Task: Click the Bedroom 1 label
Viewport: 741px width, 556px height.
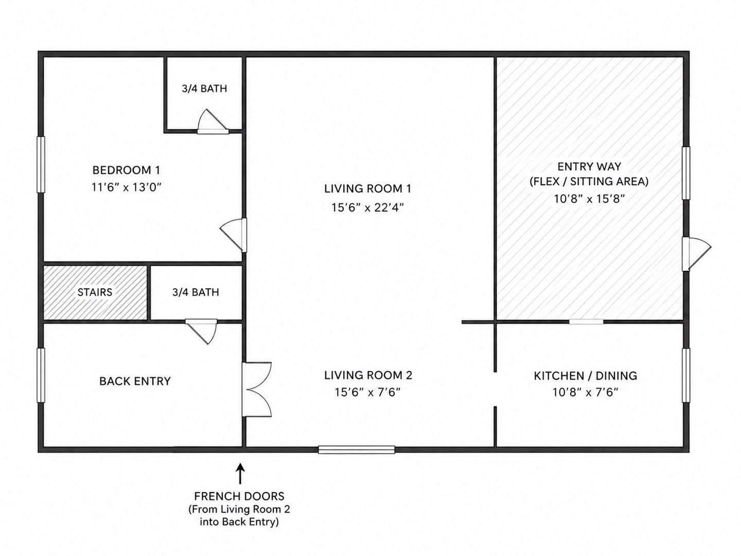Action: coord(126,170)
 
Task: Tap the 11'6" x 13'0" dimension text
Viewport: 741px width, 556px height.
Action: coord(126,187)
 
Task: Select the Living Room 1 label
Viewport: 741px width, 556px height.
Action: coord(367,189)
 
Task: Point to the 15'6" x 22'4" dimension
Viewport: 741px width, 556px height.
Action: coord(367,207)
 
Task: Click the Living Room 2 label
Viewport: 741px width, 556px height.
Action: coord(368,375)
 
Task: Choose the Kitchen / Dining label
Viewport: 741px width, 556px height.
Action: coord(586,376)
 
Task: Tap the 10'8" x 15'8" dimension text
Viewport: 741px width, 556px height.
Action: coord(589,199)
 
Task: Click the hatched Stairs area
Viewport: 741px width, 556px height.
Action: coord(95,292)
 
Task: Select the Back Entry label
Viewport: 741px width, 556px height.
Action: coord(135,381)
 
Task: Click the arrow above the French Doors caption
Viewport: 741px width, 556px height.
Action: coord(240,474)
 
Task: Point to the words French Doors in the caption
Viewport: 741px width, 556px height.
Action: coord(239,496)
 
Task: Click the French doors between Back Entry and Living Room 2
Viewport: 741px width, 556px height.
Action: coord(257,390)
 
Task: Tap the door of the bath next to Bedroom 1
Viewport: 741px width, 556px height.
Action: coord(213,121)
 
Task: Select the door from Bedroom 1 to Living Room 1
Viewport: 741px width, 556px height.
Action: coord(234,235)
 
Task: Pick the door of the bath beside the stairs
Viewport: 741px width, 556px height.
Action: coord(202,331)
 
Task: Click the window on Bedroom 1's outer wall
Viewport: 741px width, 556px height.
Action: coord(41,164)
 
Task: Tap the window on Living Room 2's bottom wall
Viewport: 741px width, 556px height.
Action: coord(357,449)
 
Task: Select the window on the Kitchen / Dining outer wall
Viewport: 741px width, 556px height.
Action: coord(686,375)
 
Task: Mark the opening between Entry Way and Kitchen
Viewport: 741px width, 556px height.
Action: coord(586,322)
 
